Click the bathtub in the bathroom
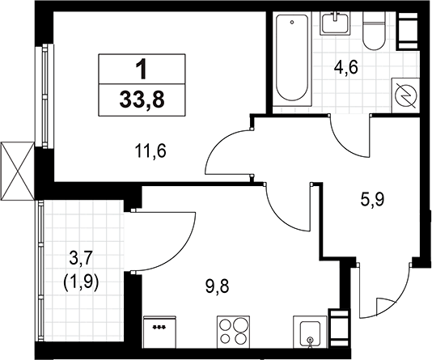click(292, 58)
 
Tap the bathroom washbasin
click(335, 23)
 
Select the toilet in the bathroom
click(374, 31)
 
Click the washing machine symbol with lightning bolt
click(406, 95)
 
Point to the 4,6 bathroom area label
click(345, 68)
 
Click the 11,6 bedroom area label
click(150, 151)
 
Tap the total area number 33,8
click(142, 100)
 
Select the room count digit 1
click(142, 70)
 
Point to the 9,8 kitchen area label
click(217, 286)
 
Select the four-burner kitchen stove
click(233, 332)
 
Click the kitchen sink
click(311, 332)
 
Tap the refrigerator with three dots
click(159, 332)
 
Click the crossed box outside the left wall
click(17, 171)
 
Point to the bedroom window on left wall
click(44, 95)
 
